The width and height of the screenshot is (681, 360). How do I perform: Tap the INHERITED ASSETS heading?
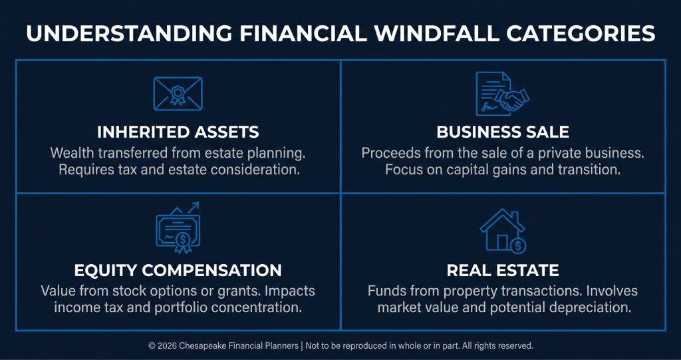(x=178, y=132)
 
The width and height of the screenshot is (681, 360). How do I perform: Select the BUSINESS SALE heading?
(x=503, y=132)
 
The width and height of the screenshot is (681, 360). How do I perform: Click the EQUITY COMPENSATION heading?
(x=178, y=270)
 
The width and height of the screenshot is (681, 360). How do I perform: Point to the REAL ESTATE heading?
(x=503, y=270)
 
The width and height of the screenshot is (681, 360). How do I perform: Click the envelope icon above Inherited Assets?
(x=178, y=93)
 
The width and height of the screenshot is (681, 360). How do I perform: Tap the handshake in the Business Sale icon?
(x=513, y=100)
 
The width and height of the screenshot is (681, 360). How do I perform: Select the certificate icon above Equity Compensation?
(x=178, y=230)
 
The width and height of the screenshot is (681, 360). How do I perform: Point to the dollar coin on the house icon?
(x=517, y=246)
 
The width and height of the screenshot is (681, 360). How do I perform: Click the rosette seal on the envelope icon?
(x=178, y=94)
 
